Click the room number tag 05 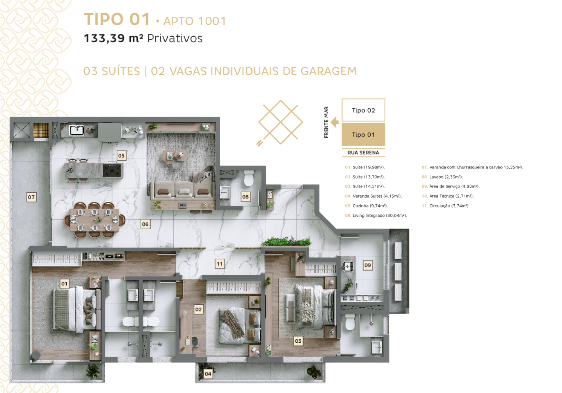tap(121, 156)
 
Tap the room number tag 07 tap(31, 197)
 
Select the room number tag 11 tap(219, 264)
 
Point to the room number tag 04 tap(208, 374)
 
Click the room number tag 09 tap(368, 265)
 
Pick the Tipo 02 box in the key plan tap(363, 110)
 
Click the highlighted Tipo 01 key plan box tap(363, 135)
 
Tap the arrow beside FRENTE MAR tap(335, 122)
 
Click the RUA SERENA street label tap(363, 153)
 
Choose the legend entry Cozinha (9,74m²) tap(366, 206)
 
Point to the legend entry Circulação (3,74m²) tap(446, 206)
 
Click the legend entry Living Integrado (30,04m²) tap(376, 216)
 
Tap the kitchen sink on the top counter tap(77, 130)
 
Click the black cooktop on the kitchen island tap(112, 170)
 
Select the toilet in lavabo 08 tap(249, 178)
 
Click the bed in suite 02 tap(240, 326)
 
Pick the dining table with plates tap(94, 220)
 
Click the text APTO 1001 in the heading tap(195, 21)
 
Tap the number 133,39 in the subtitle tap(104, 38)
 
